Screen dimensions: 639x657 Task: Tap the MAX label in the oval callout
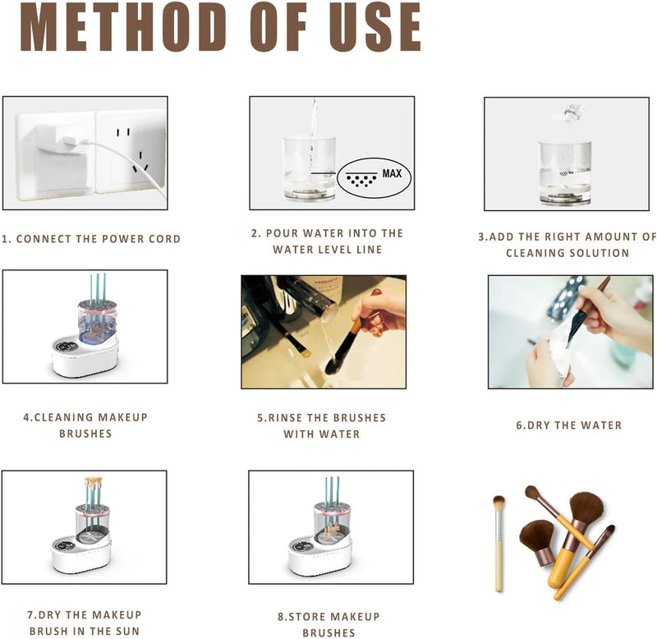click(x=392, y=174)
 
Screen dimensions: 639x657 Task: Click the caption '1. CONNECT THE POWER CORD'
click(x=91, y=239)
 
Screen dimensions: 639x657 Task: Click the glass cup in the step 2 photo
click(x=309, y=168)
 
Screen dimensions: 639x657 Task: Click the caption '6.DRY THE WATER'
click(x=569, y=425)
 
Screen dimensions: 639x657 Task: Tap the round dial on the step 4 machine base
click(x=68, y=347)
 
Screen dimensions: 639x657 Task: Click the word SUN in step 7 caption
click(x=126, y=631)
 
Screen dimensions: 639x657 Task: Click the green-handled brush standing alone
click(x=498, y=542)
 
